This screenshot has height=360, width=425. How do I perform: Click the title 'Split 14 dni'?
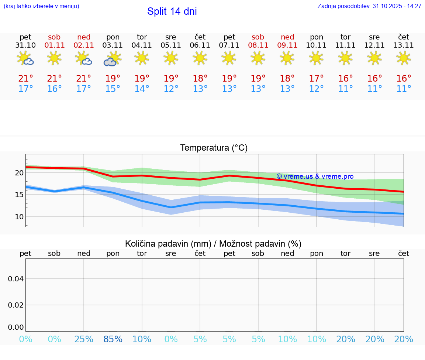(172, 11)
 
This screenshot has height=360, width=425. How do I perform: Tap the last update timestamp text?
(369, 6)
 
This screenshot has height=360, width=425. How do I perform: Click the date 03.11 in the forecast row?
(113, 45)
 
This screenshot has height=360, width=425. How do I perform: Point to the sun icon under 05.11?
(170, 58)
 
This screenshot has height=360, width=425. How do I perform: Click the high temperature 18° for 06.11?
(200, 79)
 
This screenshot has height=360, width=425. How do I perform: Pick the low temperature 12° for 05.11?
(170, 89)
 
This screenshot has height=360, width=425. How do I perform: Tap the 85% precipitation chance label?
(113, 339)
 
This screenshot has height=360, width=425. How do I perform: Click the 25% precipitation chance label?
(84, 339)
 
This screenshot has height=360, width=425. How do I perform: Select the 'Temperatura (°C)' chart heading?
(214, 148)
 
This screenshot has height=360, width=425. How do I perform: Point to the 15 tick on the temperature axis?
(19, 195)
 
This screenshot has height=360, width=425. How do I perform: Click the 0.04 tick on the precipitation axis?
(16, 279)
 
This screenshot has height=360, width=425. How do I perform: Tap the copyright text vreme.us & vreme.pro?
(315, 176)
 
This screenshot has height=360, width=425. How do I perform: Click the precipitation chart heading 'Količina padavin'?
(213, 244)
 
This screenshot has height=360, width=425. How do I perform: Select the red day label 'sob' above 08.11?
(258, 37)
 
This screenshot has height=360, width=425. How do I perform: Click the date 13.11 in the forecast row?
(404, 45)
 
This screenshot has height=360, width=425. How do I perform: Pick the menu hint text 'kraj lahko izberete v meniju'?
(41, 6)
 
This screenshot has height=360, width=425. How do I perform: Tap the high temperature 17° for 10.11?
(317, 79)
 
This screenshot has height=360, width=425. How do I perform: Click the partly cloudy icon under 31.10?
(25, 59)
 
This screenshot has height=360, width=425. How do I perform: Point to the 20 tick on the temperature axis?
(19, 173)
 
